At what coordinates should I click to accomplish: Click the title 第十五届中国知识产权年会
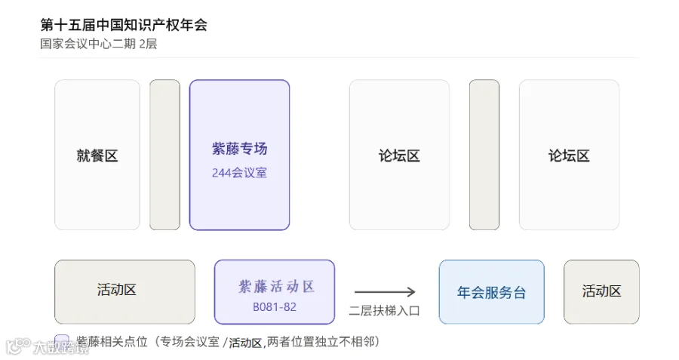click(x=124, y=25)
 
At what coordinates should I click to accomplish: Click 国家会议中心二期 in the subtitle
click(x=88, y=44)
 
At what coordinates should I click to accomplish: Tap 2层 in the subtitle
click(x=148, y=44)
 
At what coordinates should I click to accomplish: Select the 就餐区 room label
click(x=97, y=155)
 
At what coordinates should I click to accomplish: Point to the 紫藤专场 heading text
click(x=239, y=149)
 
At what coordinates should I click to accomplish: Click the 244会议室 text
click(x=239, y=173)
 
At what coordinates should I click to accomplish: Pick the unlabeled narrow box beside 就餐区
click(x=165, y=155)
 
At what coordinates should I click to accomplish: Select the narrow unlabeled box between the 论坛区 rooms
click(x=484, y=155)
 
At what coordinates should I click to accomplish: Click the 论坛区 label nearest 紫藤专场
click(x=399, y=155)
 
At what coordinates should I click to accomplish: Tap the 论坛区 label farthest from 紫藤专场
click(x=569, y=155)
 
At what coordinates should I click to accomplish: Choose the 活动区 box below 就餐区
click(x=124, y=292)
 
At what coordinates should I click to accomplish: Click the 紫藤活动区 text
click(x=276, y=286)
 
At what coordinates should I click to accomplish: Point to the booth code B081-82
click(x=275, y=307)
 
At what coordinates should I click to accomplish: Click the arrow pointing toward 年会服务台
click(x=385, y=292)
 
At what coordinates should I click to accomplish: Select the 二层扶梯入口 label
click(x=385, y=311)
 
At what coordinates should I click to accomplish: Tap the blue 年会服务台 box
click(x=491, y=292)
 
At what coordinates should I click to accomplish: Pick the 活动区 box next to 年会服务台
click(x=601, y=292)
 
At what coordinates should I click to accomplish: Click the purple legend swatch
click(x=62, y=341)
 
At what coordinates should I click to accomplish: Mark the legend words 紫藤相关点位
click(x=112, y=342)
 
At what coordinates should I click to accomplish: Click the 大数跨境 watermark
click(x=48, y=347)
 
